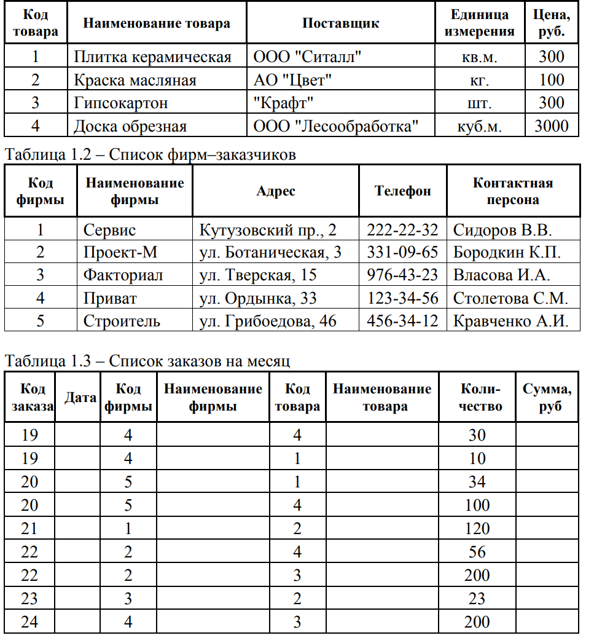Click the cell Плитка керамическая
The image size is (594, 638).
152,57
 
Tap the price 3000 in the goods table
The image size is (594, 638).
551,127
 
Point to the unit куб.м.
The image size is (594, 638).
479,127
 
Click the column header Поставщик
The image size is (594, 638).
340,23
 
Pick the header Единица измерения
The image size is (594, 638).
479,23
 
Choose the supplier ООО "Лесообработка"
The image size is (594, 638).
335,127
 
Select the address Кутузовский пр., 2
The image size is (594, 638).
268,230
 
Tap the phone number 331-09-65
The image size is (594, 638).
402,253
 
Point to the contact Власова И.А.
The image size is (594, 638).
501,275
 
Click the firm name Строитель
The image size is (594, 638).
122,321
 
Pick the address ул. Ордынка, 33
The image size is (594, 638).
258,298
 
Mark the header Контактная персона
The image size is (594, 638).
513,191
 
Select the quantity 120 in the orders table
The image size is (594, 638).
477,529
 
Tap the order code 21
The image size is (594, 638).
29,529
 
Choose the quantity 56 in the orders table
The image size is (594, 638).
477,552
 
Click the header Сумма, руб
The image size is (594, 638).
547,397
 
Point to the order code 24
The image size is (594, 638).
29,622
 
